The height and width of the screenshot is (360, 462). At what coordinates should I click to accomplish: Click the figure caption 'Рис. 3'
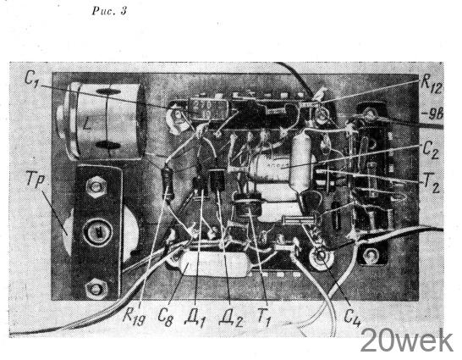pyautogui.click(x=109, y=11)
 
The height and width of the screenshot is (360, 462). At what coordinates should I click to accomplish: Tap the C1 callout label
pyautogui.click(x=31, y=78)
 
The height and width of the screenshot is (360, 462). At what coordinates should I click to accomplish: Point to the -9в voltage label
pyautogui.click(x=434, y=114)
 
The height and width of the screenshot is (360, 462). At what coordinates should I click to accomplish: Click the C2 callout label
pyautogui.click(x=431, y=150)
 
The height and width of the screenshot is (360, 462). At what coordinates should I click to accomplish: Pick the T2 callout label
pyautogui.click(x=431, y=185)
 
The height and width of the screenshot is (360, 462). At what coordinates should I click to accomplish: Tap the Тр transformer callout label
pyautogui.click(x=36, y=179)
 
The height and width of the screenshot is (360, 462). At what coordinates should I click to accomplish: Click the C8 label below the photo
pyautogui.click(x=165, y=318)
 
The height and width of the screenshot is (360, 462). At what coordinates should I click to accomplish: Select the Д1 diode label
pyautogui.click(x=195, y=318)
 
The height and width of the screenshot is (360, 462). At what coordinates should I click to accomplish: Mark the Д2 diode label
pyautogui.click(x=231, y=318)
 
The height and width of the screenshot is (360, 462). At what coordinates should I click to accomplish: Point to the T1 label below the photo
pyautogui.click(x=264, y=318)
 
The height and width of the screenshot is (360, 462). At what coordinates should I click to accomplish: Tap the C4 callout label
pyautogui.click(x=352, y=318)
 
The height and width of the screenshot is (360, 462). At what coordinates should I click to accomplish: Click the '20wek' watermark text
pyautogui.click(x=407, y=341)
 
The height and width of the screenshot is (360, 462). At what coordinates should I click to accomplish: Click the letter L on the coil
pyautogui.click(x=86, y=125)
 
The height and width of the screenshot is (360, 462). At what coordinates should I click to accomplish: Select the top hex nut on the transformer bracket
pyautogui.click(x=96, y=186)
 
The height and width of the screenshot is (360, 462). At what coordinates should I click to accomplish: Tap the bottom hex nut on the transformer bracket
pyautogui.click(x=95, y=288)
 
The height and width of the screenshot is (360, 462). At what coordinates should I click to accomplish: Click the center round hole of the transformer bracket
pyautogui.click(x=97, y=233)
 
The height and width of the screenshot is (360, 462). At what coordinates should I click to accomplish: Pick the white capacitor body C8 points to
pyautogui.click(x=215, y=263)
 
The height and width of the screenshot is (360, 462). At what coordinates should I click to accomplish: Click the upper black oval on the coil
pyautogui.click(x=108, y=91)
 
